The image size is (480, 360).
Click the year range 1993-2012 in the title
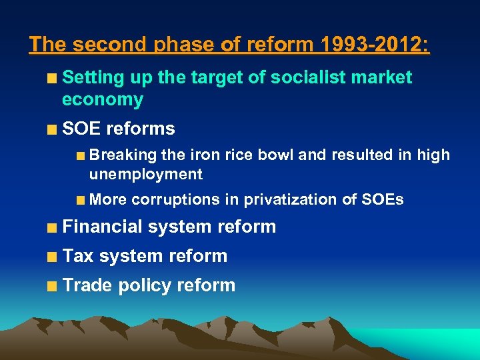tap(375, 45)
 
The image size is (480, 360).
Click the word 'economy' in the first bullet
tap(103, 100)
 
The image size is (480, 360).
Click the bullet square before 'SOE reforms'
tap(52, 129)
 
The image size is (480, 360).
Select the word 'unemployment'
tap(146, 175)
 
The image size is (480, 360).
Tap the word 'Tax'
tap(78, 256)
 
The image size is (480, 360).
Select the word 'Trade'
tap(87, 285)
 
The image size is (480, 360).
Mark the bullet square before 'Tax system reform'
tap(52, 257)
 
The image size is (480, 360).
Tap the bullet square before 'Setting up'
tap(52, 79)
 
